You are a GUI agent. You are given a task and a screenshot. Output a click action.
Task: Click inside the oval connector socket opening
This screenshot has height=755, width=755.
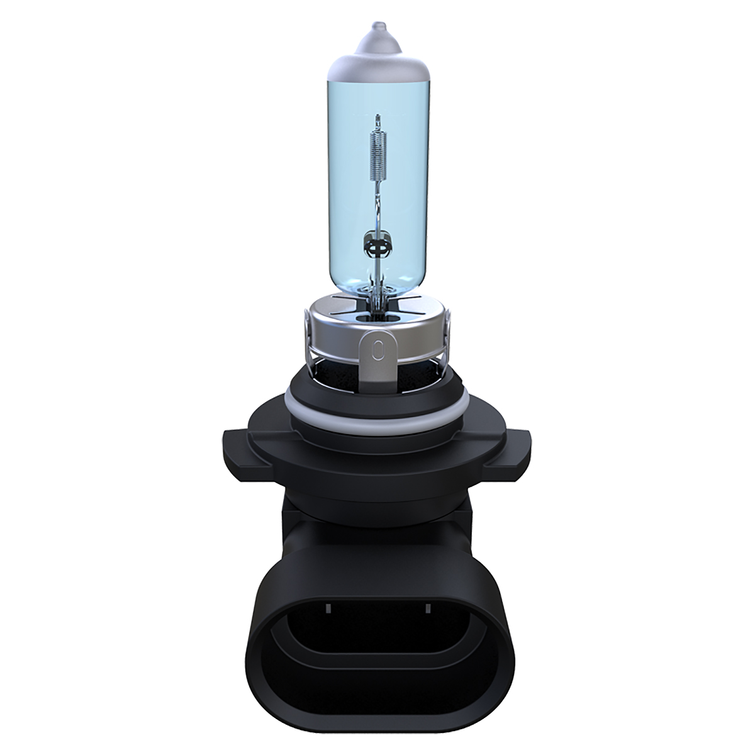[377, 661]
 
